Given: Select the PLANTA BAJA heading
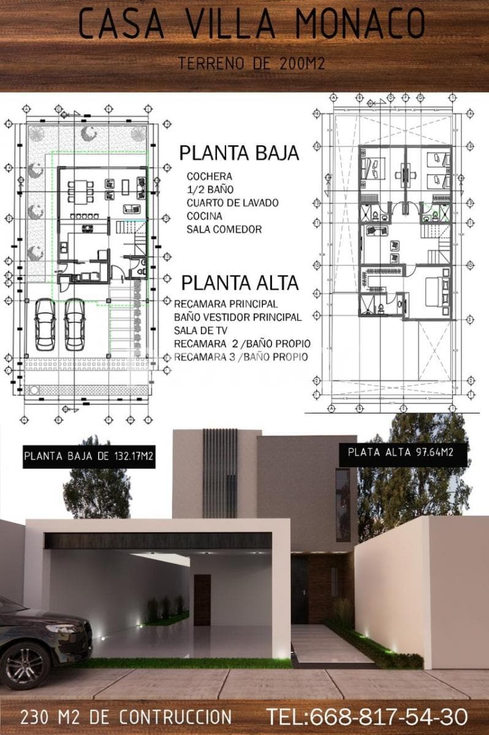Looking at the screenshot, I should pyautogui.click(x=239, y=153).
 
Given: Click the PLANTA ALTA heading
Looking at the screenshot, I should pyautogui.click(x=240, y=283).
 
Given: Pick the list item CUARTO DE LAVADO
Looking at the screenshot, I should pyautogui.click(x=232, y=203).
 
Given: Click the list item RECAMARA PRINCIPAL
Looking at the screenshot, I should pyautogui.click(x=226, y=304).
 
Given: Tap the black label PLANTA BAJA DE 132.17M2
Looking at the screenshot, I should pyautogui.click(x=89, y=456).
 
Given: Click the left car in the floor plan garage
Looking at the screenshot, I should pyautogui.click(x=45, y=323).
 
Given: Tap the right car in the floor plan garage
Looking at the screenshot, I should pyautogui.click(x=75, y=323).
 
